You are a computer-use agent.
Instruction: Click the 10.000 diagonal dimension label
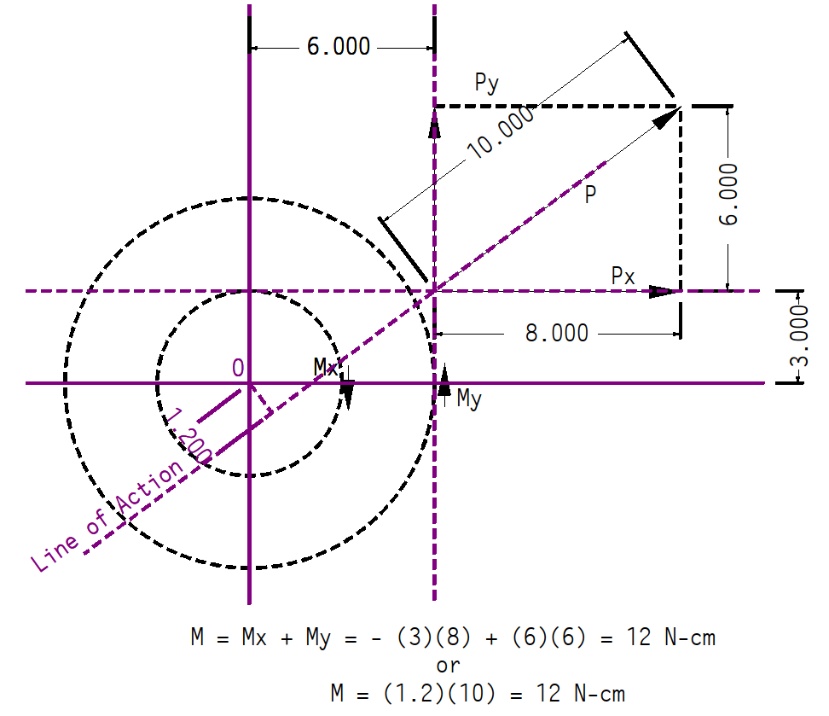coord(501,132)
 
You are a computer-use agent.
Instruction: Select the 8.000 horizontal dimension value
coord(557,334)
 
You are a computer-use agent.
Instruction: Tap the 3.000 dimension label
coord(799,335)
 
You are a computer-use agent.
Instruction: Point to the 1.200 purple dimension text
coord(188,435)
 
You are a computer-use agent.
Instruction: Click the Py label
coord(486,83)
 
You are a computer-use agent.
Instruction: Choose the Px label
coord(623,276)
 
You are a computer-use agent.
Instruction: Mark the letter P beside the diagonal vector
coord(590,195)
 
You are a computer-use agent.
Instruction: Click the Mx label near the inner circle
coord(325,367)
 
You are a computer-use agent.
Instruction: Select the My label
coord(469,399)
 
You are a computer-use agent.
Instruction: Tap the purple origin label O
coord(238,367)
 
